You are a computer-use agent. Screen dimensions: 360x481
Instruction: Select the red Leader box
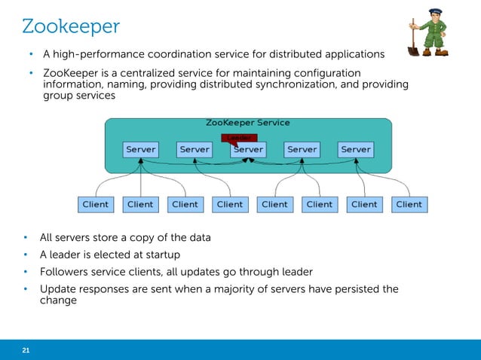coord(240,138)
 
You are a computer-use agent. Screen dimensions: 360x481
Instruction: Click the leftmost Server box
coord(140,149)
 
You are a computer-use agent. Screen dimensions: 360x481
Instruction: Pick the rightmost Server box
coord(356,149)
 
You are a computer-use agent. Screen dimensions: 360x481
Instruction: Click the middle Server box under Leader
coord(248,150)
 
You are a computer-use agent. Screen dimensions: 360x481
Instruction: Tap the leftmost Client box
coord(95,204)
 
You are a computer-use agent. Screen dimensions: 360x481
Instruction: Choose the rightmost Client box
coord(409,204)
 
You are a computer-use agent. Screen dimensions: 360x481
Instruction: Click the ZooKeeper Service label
coord(247,122)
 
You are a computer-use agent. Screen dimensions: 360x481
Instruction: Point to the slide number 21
coord(26,350)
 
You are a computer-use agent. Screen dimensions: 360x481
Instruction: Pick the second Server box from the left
coord(195,149)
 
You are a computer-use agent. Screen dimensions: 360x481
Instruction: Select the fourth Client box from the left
coord(230,204)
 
